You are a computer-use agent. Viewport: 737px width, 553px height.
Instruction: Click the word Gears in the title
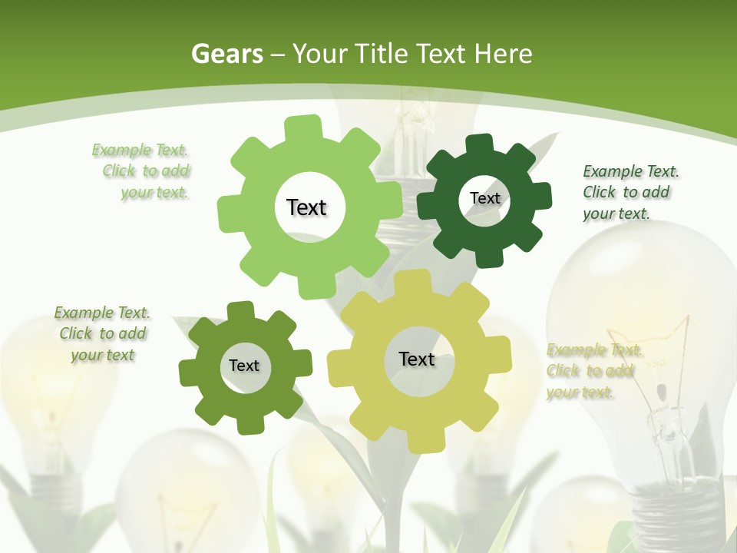coord(226,54)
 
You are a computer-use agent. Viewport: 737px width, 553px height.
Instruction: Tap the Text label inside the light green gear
coord(306,207)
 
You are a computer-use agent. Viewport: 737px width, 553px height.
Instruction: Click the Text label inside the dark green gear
coord(484,198)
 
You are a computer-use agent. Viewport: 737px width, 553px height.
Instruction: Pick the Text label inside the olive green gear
coord(244,366)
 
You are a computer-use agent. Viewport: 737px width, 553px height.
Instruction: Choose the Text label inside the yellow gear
coord(417,359)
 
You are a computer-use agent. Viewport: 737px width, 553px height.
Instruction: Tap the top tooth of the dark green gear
coord(480,144)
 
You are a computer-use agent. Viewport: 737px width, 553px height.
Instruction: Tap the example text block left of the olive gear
coord(103,333)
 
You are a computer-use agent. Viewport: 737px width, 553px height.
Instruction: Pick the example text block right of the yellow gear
coord(593,371)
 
